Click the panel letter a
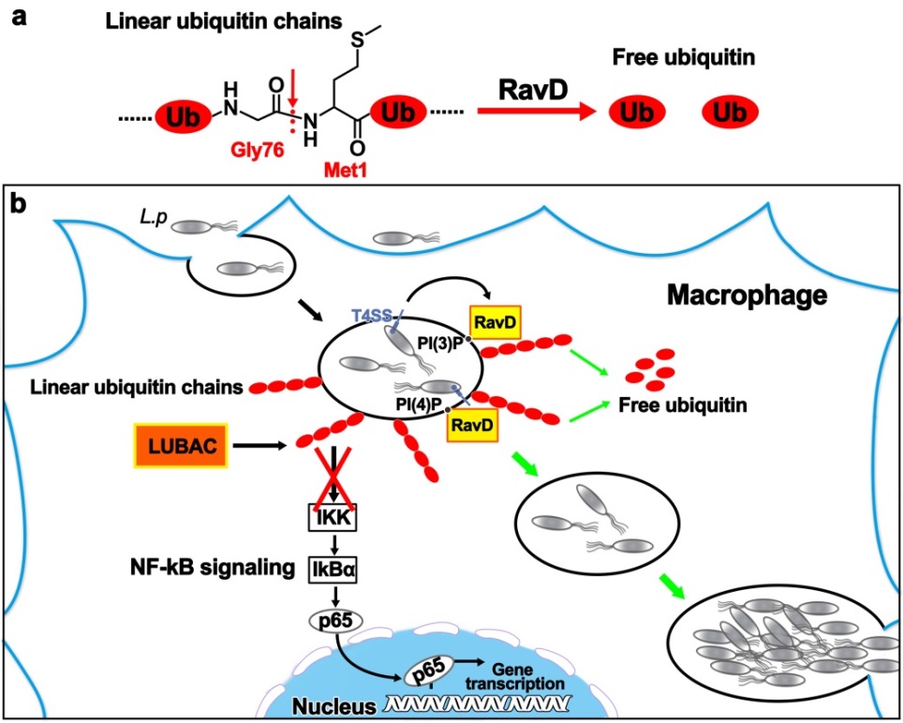pos(16,16)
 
